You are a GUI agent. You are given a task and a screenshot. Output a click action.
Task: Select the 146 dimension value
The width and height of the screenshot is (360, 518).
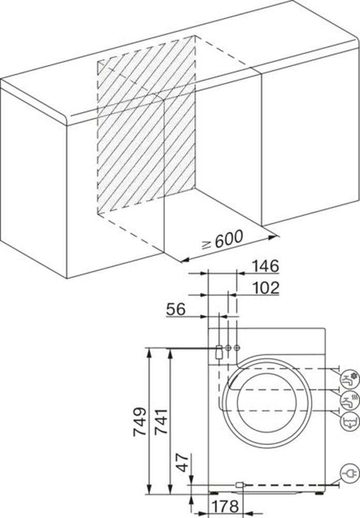[x=265, y=266]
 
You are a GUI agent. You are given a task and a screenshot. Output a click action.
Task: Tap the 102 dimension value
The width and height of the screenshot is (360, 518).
[x=265, y=287]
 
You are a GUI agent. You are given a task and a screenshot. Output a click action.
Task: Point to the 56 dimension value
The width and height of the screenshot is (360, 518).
[x=176, y=309]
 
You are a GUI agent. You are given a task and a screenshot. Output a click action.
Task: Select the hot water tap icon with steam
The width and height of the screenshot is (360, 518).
[x=350, y=399]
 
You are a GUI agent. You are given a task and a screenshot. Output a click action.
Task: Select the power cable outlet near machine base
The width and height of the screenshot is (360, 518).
[x=239, y=485]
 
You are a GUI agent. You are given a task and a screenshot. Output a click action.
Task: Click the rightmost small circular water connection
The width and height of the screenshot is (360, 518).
[x=237, y=348]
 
